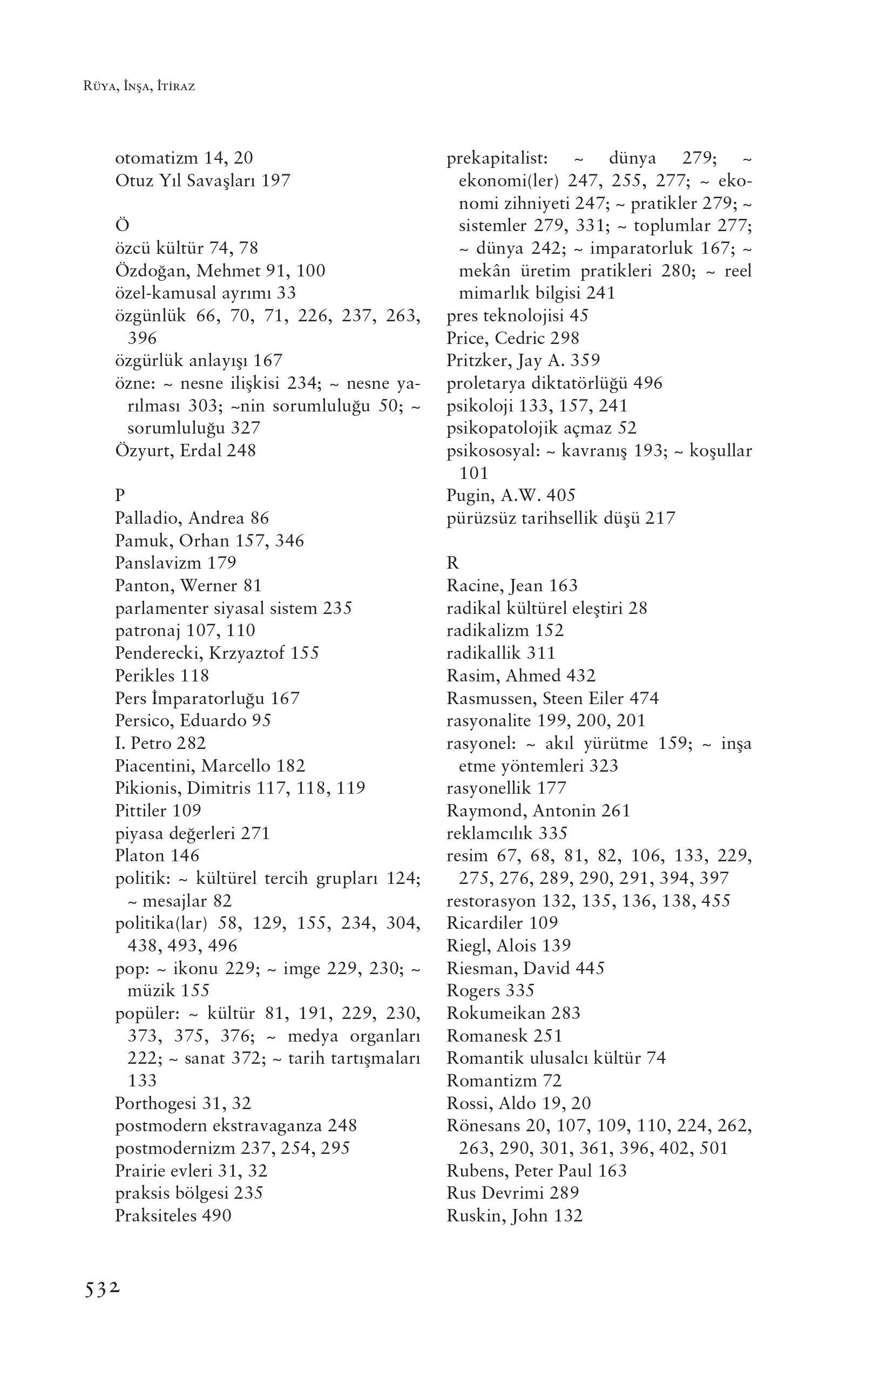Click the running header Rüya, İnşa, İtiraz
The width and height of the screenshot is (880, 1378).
(x=139, y=87)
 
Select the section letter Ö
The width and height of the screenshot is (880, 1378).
(x=122, y=225)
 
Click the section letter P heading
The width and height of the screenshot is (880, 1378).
(x=120, y=495)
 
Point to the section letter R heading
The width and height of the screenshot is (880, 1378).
(x=452, y=563)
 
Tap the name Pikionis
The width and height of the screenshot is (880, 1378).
(x=146, y=788)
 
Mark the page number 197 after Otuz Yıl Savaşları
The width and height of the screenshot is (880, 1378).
(x=276, y=181)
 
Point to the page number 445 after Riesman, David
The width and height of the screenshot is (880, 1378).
(x=590, y=968)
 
